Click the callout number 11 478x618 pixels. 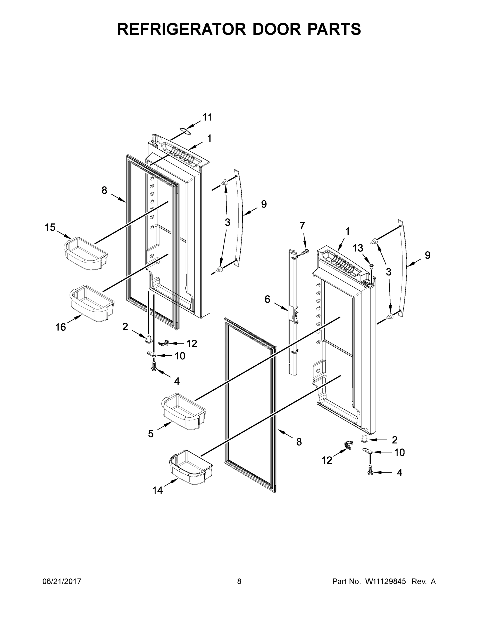207,117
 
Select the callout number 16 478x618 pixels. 61,327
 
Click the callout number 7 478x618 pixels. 303,226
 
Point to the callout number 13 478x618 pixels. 358,248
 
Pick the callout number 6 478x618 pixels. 267,299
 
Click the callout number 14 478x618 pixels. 157,490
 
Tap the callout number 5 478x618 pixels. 151,434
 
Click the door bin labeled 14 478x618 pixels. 190,467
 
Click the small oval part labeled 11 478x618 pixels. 184,130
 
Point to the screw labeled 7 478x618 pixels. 305,251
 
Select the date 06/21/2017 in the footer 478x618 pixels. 62,582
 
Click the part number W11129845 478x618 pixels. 385,582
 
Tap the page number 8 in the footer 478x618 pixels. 239,582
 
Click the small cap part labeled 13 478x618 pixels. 372,266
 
